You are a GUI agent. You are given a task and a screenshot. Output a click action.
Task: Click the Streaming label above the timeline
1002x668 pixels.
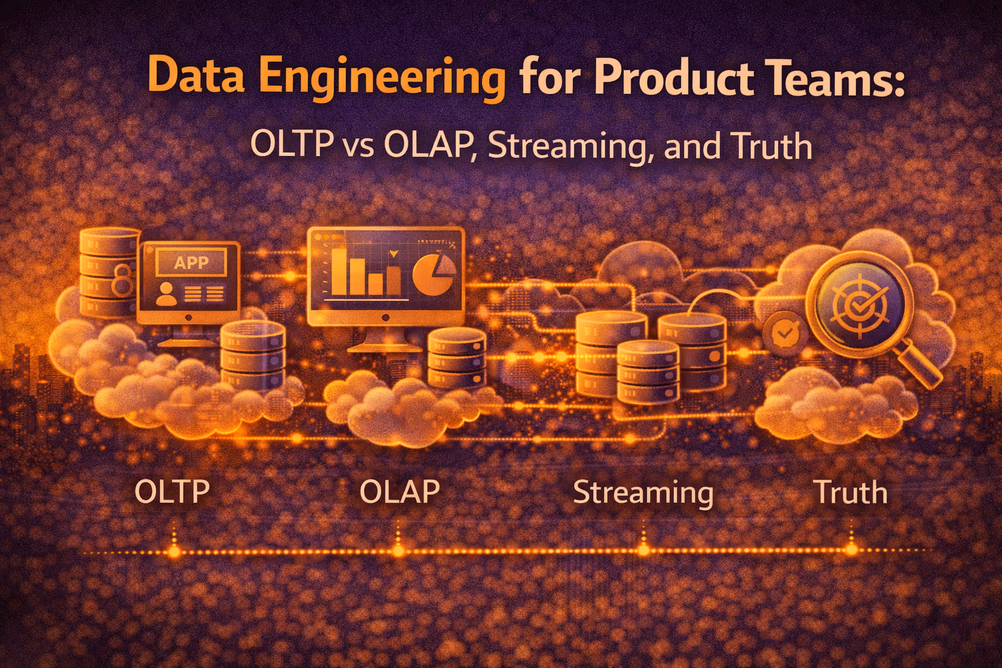point(643,493)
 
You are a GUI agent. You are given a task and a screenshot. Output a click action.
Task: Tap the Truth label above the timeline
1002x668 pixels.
point(851,493)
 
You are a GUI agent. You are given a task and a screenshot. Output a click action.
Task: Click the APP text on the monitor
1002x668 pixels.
point(191,262)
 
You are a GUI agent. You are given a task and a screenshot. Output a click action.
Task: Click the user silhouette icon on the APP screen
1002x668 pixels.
point(166,294)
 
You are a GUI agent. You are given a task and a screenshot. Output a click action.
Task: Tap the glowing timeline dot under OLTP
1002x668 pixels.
point(174,552)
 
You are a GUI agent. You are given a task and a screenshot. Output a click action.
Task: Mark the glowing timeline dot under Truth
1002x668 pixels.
point(851,550)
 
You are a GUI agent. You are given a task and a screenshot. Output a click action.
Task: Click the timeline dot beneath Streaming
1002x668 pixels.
point(644,551)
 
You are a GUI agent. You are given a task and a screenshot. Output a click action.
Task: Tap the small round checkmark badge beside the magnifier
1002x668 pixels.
point(785,333)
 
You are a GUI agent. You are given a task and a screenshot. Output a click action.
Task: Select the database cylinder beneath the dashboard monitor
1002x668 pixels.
point(457,357)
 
